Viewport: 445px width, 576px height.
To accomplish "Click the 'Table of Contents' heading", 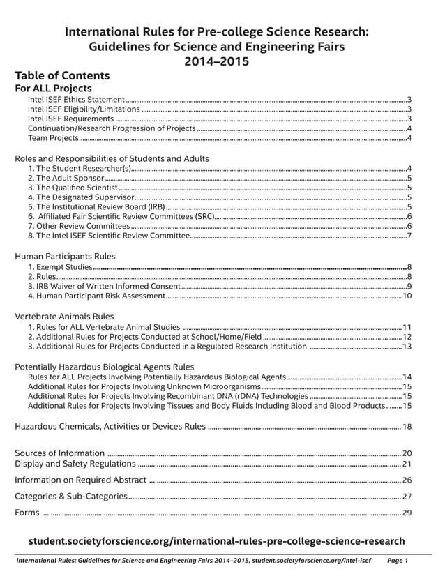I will (62, 75).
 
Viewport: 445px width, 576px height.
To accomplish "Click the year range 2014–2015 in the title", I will (216, 61).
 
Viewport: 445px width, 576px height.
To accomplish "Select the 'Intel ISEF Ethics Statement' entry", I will (76, 100).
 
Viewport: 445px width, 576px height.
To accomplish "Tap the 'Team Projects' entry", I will (53, 138).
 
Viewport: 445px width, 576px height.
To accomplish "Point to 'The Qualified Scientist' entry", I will (73, 188).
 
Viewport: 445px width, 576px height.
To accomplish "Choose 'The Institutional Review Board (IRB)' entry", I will (96, 206).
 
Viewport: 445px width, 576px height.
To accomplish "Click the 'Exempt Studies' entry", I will (59, 267).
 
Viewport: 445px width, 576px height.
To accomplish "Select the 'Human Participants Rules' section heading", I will (65, 256).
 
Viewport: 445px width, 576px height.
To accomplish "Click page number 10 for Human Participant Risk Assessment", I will (407, 296).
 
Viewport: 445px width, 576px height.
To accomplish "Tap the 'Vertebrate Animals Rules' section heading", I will (64, 316).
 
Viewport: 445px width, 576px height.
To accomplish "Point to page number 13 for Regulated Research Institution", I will (407, 347).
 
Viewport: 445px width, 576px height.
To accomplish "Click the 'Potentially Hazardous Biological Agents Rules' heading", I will (104, 367).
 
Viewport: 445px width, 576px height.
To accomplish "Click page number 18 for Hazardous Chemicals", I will (407, 426).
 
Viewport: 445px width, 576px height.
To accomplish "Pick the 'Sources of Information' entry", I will (60, 453).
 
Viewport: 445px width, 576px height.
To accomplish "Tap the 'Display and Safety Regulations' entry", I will (75, 464).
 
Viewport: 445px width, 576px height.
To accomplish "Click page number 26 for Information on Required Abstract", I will (407, 480).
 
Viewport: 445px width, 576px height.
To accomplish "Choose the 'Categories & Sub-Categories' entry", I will (71, 497).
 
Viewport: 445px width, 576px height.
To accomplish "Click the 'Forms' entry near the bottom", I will (27, 513).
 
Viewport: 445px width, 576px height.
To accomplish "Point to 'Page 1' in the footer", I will (397, 560).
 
